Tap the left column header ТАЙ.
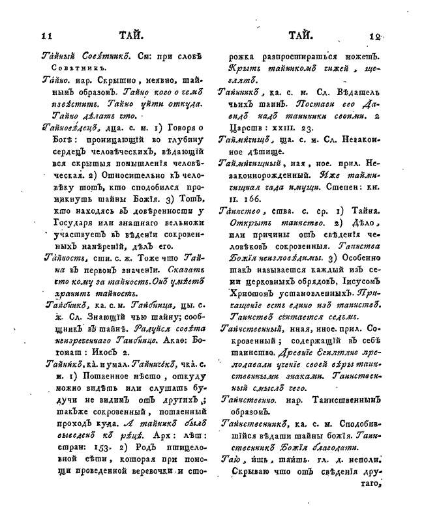131,36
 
